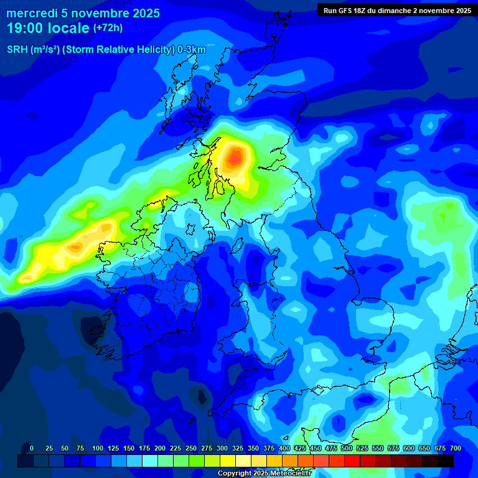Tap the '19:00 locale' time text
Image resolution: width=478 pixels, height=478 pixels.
click(48, 28)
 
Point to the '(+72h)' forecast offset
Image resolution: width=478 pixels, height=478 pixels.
click(108, 28)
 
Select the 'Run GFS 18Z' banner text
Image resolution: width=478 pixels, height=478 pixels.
click(349, 10)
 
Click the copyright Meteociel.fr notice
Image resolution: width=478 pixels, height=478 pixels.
click(264, 474)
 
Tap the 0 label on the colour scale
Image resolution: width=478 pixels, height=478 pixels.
click(32, 448)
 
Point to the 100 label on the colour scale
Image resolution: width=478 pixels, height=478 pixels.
click(98, 448)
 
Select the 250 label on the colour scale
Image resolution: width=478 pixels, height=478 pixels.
click(191, 448)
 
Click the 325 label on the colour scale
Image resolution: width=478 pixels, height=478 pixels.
click(238, 448)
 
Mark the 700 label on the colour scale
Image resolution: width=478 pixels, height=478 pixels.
click(456, 448)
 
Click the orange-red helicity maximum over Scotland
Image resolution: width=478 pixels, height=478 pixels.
click(234, 158)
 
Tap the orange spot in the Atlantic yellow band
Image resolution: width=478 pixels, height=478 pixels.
click(75, 248)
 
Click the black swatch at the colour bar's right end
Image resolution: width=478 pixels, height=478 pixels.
click(446, 461)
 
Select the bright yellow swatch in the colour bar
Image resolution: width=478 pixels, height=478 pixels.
click(228, 461)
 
